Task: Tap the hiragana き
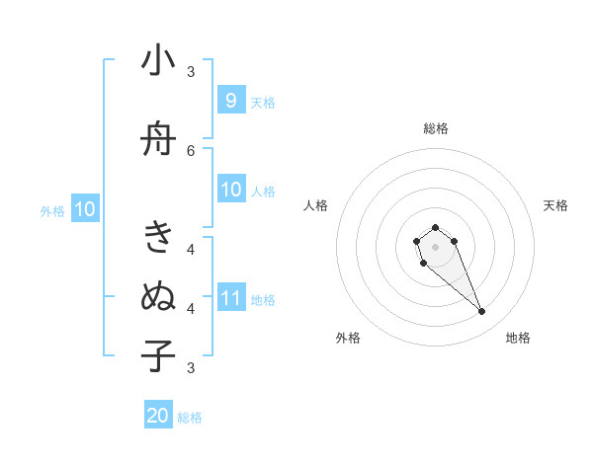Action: coord(158,238)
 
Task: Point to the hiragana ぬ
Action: coord(158,295)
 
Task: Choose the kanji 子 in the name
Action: coord(158,355)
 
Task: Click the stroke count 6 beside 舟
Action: coord(191,150)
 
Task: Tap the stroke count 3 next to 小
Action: coord(191,72)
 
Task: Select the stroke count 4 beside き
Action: coord(191,249)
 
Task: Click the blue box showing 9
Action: coord(230,100)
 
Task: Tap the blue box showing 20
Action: coord(158,416)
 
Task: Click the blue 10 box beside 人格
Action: coord(230,190)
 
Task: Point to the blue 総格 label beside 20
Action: coord(190,418)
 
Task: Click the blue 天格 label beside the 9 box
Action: coord(263,102)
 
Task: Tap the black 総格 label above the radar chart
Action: coord(436,128)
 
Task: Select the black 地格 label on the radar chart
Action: coord(518,338)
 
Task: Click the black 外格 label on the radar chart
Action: coord(348,338)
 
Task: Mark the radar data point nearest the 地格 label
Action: coord(482,312)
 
